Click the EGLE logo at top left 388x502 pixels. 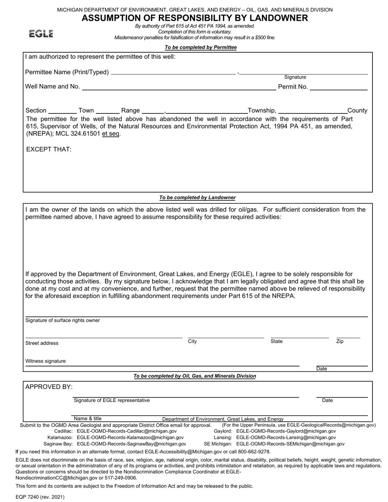(41, 34)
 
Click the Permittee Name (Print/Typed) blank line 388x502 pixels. (173, 73)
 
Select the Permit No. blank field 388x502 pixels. (339, 87)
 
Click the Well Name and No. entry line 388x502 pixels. (179, 87)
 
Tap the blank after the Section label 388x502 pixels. (62, 111)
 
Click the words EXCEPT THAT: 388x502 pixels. (49, 149)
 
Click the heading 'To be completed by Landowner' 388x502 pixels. (197, 198)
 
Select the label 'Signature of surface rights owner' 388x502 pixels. (62, 320)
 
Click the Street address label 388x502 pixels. (42, 343)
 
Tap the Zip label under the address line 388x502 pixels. (339, 341)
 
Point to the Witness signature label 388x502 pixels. (45, 361)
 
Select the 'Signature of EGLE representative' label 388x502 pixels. (111, 400)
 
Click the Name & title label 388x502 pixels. (87, 418)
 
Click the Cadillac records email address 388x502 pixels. (127, 431)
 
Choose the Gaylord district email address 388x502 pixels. (286, 431)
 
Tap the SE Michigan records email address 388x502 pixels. (290, 444)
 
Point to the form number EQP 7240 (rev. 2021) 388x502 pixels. (40, 497)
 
